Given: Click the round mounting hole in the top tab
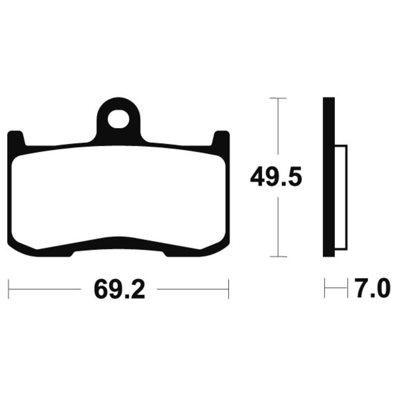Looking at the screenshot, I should [x=118, y=119].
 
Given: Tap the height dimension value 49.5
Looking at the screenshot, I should [x=275, y=177].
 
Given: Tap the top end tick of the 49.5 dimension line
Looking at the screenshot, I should [x=278, y=98].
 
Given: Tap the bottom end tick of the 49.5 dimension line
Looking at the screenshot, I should [x=278, y=257].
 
